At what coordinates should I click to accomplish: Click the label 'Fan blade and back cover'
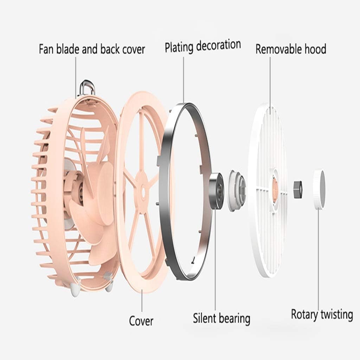92,49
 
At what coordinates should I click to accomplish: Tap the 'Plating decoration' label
203,46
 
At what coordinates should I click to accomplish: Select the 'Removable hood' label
291,49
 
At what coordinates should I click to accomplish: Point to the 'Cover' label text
141,321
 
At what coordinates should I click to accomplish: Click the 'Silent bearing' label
221,318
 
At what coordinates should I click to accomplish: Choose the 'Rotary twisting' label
322,314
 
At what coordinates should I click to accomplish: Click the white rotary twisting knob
319,189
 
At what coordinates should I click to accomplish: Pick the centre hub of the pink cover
143,191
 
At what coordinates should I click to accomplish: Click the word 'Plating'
180,46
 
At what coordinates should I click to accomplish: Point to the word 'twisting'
337,314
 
